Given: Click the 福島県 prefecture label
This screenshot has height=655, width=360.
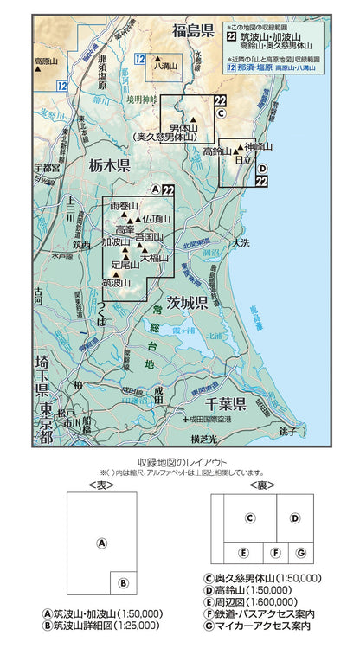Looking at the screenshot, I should pyautogui.click(x=193, y=32).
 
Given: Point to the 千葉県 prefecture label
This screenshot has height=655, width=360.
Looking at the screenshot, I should pyautogui.click(x=222, y=403).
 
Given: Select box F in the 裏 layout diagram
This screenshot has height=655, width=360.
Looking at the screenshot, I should pyautogui.click(x=275, y=552).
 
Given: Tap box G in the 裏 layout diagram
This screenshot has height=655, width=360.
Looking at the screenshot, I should pyautogui.click(x=299, y=552).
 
